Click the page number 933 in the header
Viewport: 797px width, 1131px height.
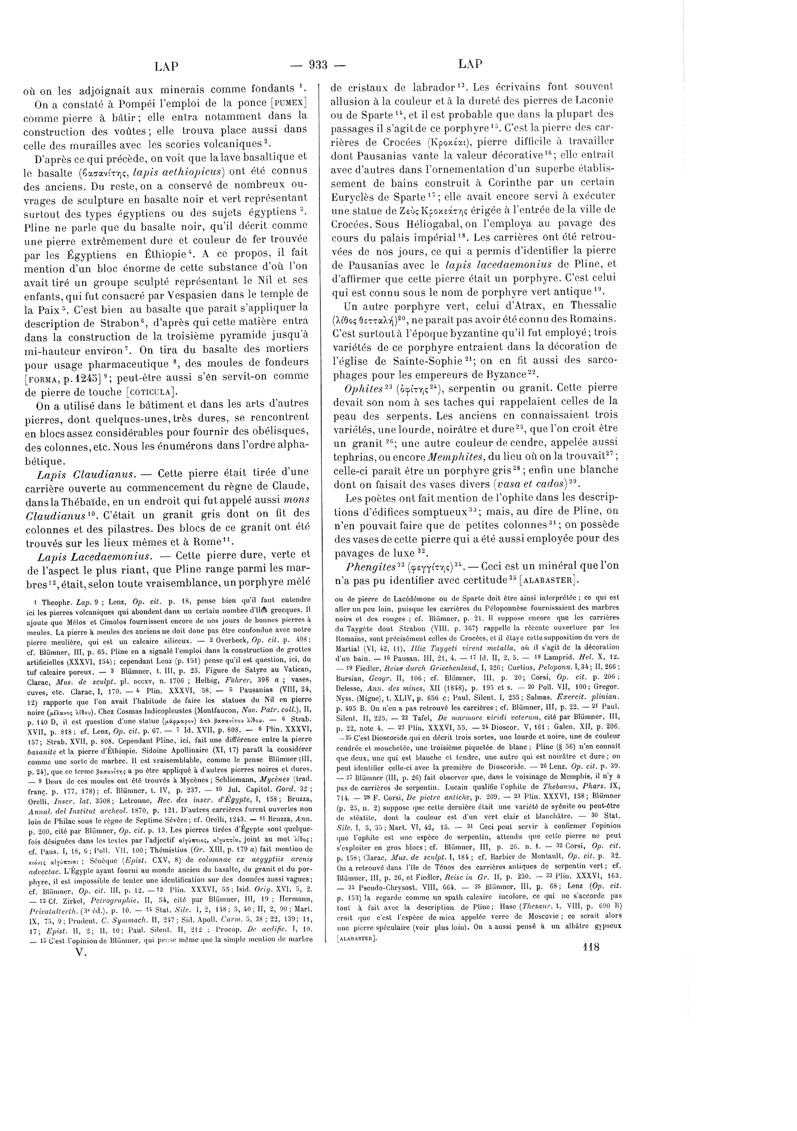[x=318, y=65]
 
